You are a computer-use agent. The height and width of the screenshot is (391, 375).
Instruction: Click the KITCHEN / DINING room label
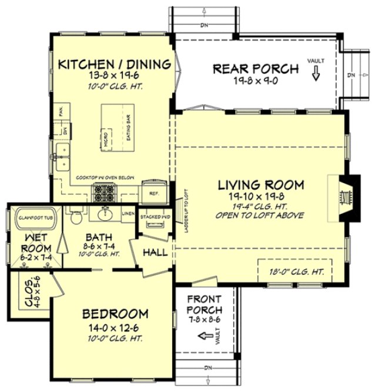[x=115, y=64]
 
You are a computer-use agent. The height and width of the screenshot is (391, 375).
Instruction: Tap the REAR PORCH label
[x=256, y=69]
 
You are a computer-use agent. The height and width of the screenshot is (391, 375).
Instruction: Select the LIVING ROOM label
[x=261, y=185]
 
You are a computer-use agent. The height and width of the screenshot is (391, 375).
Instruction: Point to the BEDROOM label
[x=115, y=313]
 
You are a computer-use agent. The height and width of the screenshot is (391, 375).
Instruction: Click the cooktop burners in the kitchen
[x=105, y=190]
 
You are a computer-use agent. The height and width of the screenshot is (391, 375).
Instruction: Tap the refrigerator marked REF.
[x=153, y=192]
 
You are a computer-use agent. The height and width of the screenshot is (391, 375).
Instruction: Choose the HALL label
[x=156, y=253]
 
